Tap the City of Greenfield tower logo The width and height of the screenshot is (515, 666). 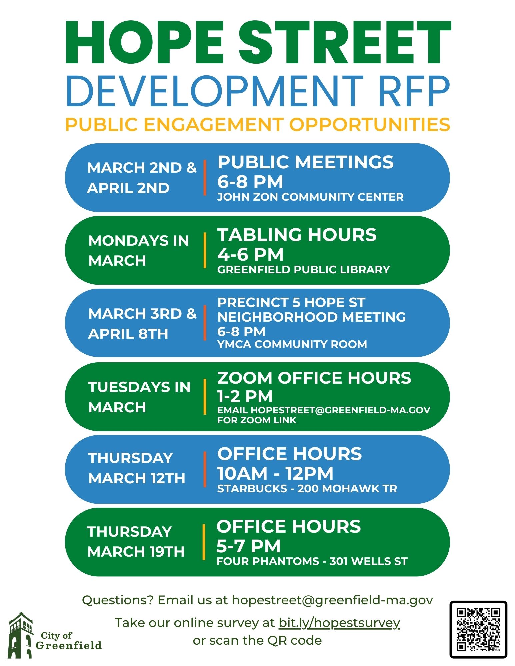click(x=21, y=635)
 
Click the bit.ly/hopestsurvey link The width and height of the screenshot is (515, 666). click(x=339, y=622)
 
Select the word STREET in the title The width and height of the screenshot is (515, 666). click(x=345, y=42)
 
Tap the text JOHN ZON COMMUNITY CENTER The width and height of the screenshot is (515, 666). click(x=310, y=197)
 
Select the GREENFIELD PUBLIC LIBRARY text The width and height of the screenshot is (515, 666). click(x=304, y=269)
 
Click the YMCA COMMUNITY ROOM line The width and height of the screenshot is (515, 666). click(x=292, y=344)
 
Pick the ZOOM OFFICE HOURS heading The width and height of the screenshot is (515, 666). click(x=314, y=378)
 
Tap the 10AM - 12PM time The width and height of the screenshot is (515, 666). click(x=275, y=473)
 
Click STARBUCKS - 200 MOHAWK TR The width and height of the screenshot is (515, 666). click(x=307, y=489)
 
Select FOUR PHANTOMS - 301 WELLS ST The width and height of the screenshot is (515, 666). click(x=312, y=561)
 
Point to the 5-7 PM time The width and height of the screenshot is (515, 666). click(x=248, y=546)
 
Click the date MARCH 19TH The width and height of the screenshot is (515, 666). click(x=136, y=552)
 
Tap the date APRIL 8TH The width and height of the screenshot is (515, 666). click(x=128, y=334)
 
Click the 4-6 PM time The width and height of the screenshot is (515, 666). click(x=250, y=254)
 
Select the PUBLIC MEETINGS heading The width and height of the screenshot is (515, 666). click(x=305, y=162)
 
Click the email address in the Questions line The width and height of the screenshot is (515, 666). click(x=332, y=600)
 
